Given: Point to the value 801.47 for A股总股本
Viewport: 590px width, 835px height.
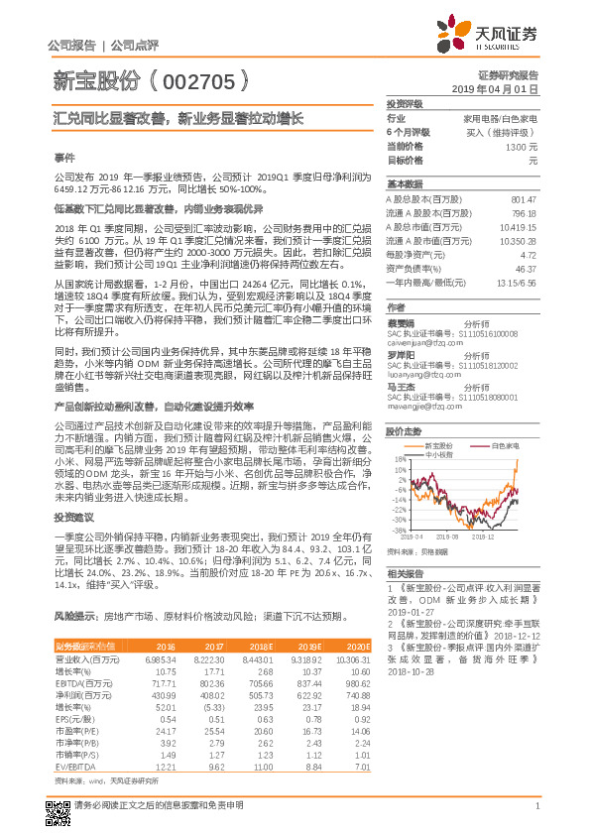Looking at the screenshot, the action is tap(523, 199).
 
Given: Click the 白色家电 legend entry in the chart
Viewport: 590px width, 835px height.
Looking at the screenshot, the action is tap(504, 446).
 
